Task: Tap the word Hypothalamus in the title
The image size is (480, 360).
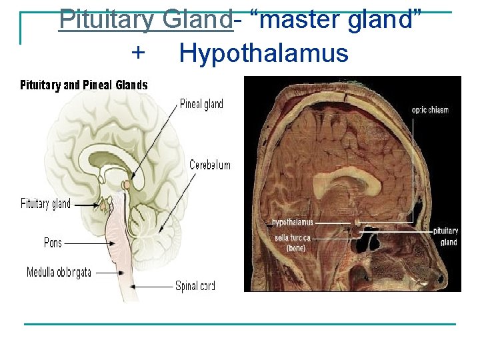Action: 263,53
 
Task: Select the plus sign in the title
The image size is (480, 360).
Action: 137,53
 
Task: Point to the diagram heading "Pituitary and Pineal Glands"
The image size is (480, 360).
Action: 84,85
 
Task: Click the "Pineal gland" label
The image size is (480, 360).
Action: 201,104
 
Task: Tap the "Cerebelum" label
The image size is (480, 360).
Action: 210,165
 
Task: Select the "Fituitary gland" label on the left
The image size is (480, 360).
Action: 45,204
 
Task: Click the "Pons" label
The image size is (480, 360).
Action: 53,243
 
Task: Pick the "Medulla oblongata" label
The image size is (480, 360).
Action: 59,273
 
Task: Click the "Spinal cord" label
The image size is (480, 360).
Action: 195,286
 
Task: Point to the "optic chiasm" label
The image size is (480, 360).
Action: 430,110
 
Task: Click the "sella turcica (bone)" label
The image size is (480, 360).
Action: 292,242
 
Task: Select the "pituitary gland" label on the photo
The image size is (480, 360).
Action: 445,236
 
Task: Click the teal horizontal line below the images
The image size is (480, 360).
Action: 240,324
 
